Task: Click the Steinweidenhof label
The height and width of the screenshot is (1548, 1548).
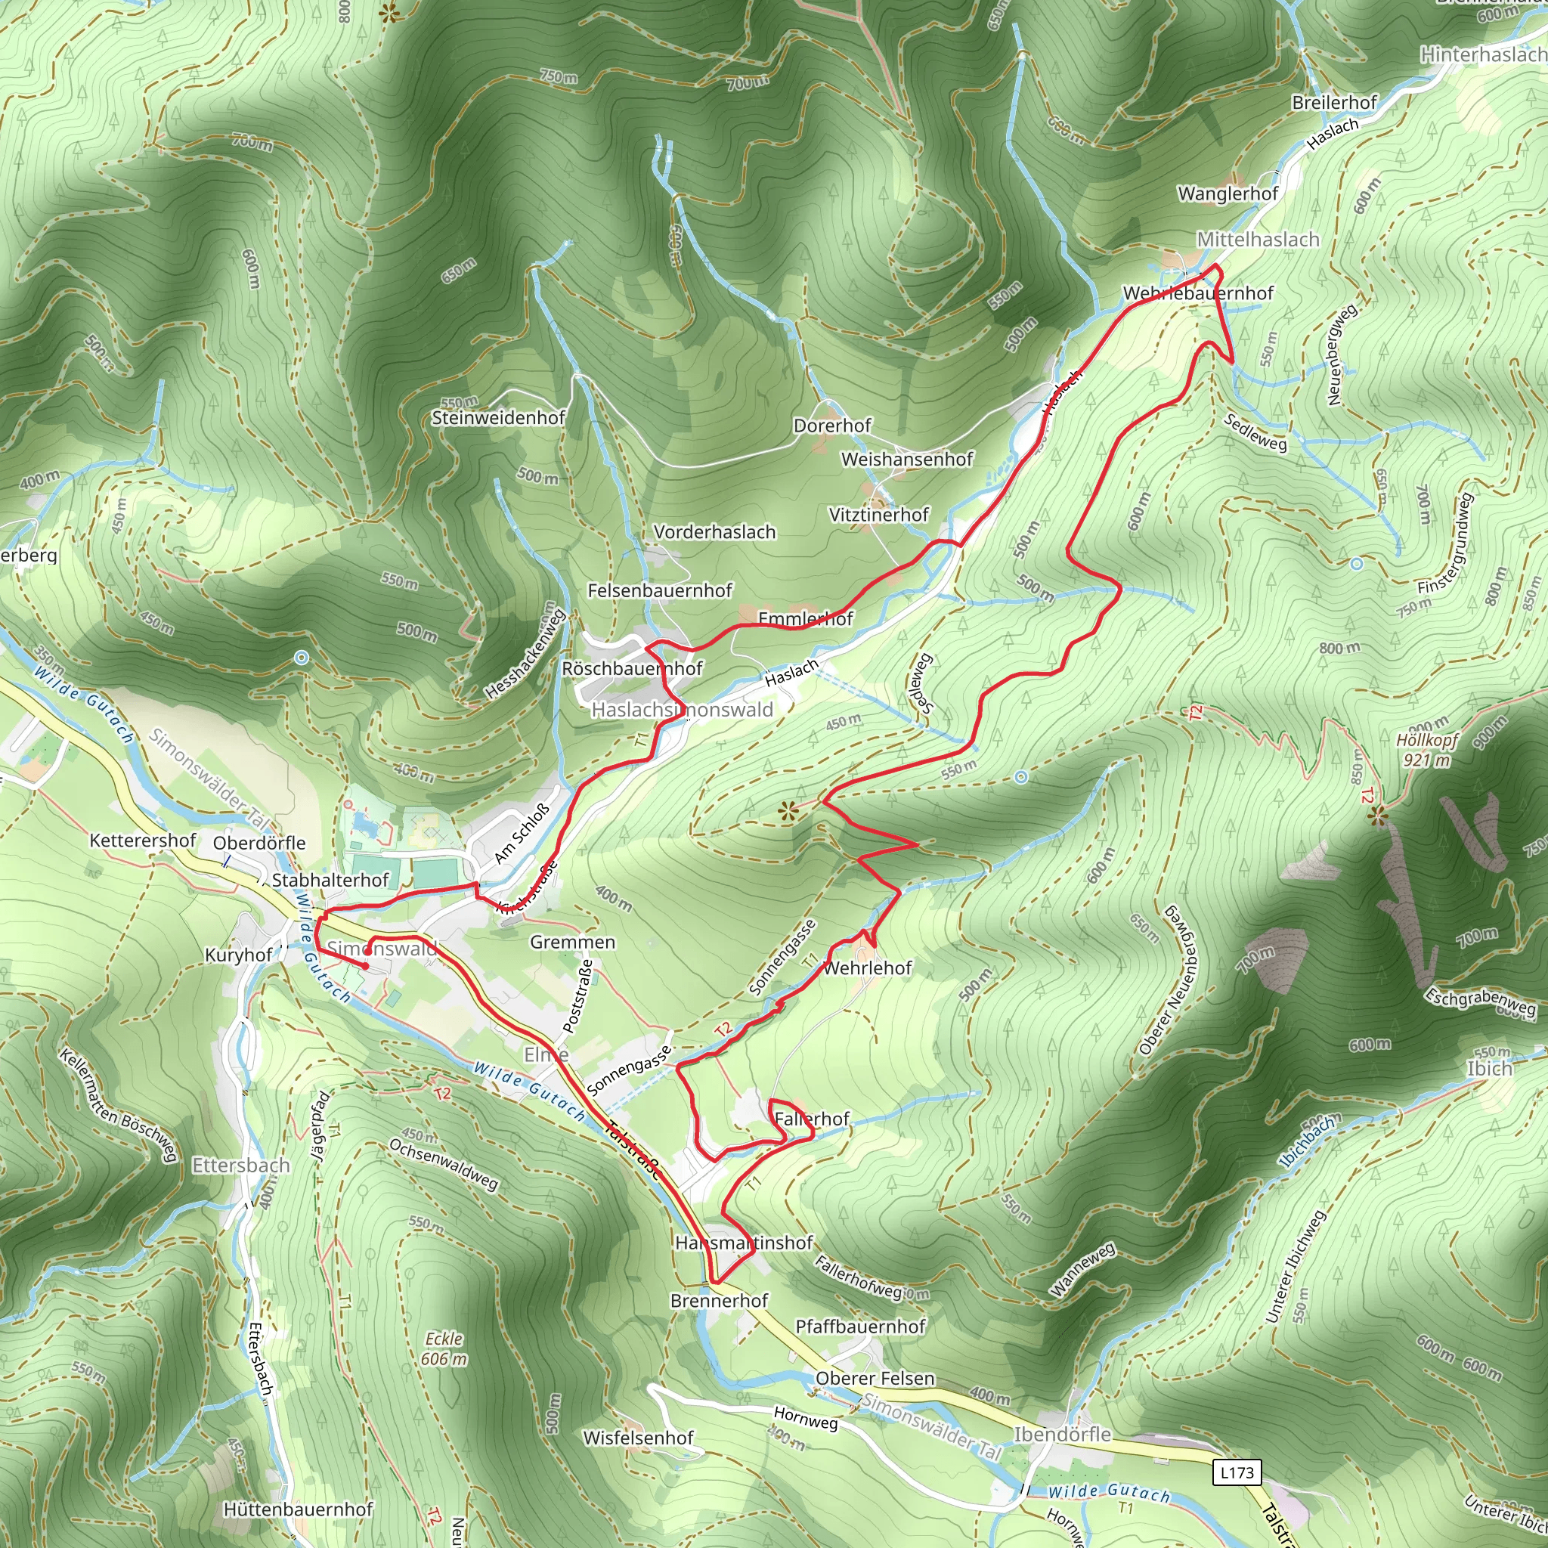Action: click(498, 417)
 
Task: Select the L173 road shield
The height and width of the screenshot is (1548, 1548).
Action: click(1237, 1472)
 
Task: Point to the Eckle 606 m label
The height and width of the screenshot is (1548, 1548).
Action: click(444, 1348)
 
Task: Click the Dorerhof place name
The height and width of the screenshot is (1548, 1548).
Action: click(831, 426)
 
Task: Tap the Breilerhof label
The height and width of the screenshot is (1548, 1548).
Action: click(1334, 103)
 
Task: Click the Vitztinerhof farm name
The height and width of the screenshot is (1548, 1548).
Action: click(879, 515)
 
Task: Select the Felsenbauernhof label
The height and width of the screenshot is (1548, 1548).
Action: click(659, 590)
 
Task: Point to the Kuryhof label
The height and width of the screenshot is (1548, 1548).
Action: click(239, 955)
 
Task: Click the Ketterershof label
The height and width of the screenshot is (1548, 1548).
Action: click(143, 841)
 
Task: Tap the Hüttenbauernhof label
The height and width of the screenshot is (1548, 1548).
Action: click(298, 1509)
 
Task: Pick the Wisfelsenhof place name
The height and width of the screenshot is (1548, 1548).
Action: click(638, 1438)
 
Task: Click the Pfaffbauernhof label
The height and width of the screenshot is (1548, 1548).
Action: click(859, 1326)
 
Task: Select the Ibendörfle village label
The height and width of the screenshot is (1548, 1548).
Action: click(1063, 1434)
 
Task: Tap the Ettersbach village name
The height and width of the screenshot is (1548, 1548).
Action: click(240, 1165)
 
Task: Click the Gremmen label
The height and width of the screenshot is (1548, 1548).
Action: click(572, 943)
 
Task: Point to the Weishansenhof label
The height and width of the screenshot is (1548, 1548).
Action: click(907, 459)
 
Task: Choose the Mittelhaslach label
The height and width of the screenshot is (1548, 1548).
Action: click(1258, 240)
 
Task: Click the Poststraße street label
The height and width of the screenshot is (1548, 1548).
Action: click(578, 996)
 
